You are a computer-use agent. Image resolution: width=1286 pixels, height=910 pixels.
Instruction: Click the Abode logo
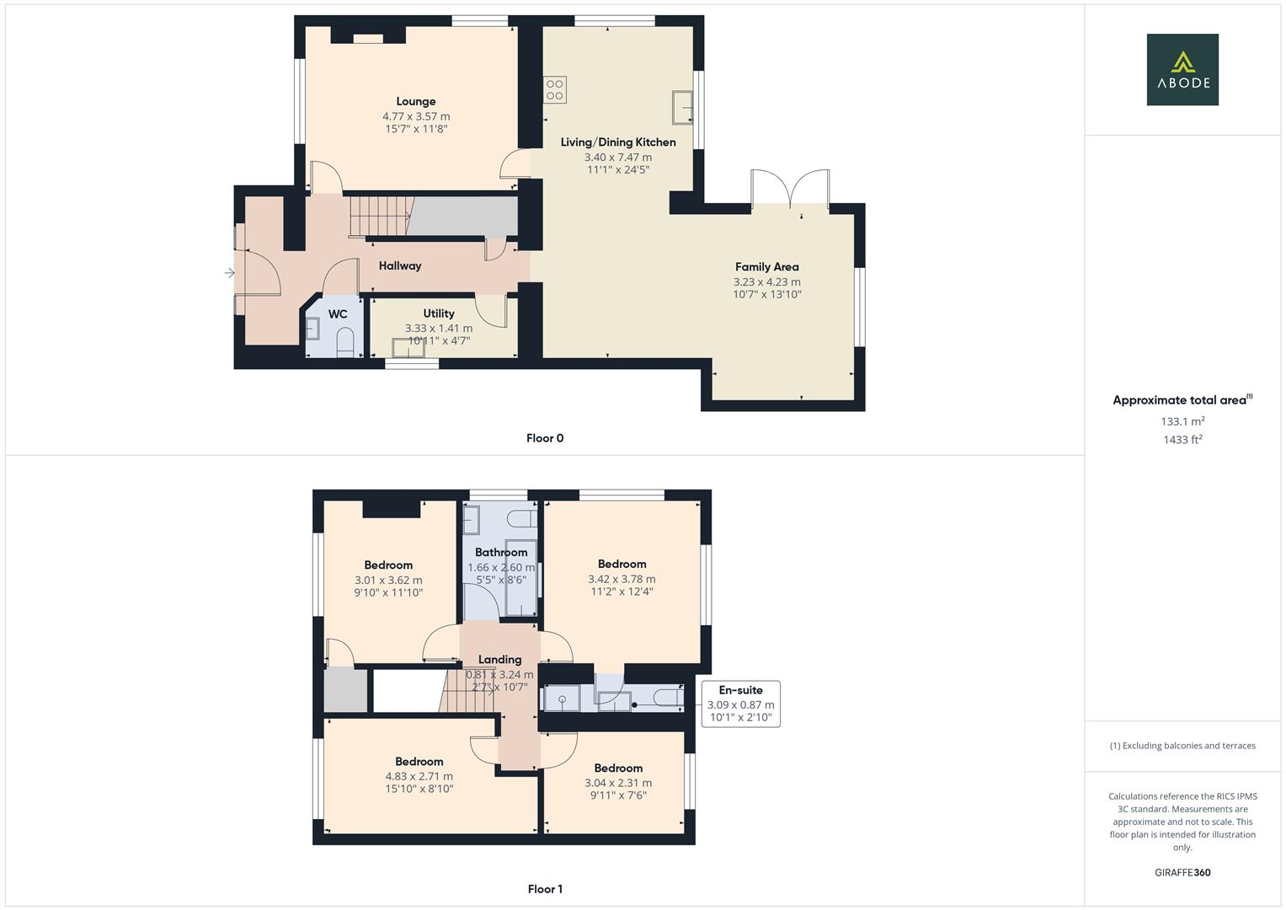pyautogui.click(x=1182, y=69)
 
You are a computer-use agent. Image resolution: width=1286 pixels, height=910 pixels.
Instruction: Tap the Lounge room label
pyautogui.click(x=416, y=102)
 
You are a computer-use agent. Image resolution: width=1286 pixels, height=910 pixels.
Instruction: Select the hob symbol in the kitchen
pyautogui.click(x=554, y=88)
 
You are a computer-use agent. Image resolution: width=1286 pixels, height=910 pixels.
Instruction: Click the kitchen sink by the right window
pyautogui.click(x=682, y=107)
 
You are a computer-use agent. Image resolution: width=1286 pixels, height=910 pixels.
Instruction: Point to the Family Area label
pyautogui.click(x=766, y=267)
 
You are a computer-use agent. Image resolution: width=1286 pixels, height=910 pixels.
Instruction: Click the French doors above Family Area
pyautogui.click(x=790, y=190)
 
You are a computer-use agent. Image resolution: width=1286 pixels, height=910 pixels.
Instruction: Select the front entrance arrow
pyautogui.click(x=230, y=273)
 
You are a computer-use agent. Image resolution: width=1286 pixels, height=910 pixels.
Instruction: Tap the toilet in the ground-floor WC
pyautogui.click(x=345, y=342)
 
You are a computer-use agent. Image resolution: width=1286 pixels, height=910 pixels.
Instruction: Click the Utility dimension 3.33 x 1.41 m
pyautogui.click(x=438, y=329)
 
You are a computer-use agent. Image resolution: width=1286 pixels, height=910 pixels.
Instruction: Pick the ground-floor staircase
pyautogui.click(x=378, y=216)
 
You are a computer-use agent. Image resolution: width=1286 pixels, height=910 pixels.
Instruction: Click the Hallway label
pyautogui.click(x=399, y=266)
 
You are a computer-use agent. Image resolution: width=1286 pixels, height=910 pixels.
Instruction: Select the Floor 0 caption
pyautogui.click(x=544, y=438)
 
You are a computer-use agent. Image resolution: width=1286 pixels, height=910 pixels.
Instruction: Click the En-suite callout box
pyautogui.click(x=740, y=704)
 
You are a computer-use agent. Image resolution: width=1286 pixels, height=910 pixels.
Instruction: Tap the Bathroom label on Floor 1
pyautogui.click(x=501, y=553)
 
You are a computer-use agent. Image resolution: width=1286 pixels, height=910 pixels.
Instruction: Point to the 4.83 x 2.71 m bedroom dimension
pyautogui.click(x=419, y=777)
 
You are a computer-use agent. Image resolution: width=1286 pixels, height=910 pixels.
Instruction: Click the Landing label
pyautogui.click(x=499, y=660)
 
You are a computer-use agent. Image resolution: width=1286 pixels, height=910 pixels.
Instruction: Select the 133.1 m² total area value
pyautogui.click(x=1182, y=421)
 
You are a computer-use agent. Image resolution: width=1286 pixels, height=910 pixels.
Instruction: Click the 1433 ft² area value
pyautogui.click(x=1182, y=440)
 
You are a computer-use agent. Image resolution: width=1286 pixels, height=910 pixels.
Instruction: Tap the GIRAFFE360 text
pyautogui.click(x=1182, y=873)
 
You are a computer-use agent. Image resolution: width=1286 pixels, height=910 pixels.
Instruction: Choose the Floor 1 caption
pyautogui.click(x=544, y=889)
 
